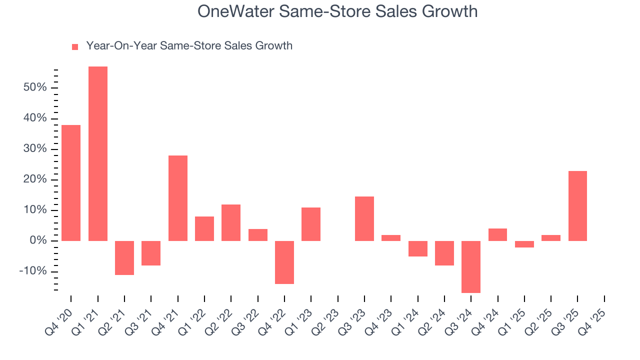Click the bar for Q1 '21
tap(98, 153)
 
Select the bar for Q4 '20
tap(71, 183)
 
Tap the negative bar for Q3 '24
tap(470, 266)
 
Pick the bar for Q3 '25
tap(577, 206)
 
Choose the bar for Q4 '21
tap(178, 198)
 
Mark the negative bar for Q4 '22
tap(284, 262)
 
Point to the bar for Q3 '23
tap(364, 218)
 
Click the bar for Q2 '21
tap(124, 257)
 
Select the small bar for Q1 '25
tap(524, 244)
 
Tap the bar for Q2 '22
tap(231, 222)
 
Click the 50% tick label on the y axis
tap(34, 88)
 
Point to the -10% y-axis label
tap(33, 271)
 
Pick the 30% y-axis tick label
tap(34, 149)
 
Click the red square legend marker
tap(75, 46)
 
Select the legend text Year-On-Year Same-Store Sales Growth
tap(189, 46)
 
